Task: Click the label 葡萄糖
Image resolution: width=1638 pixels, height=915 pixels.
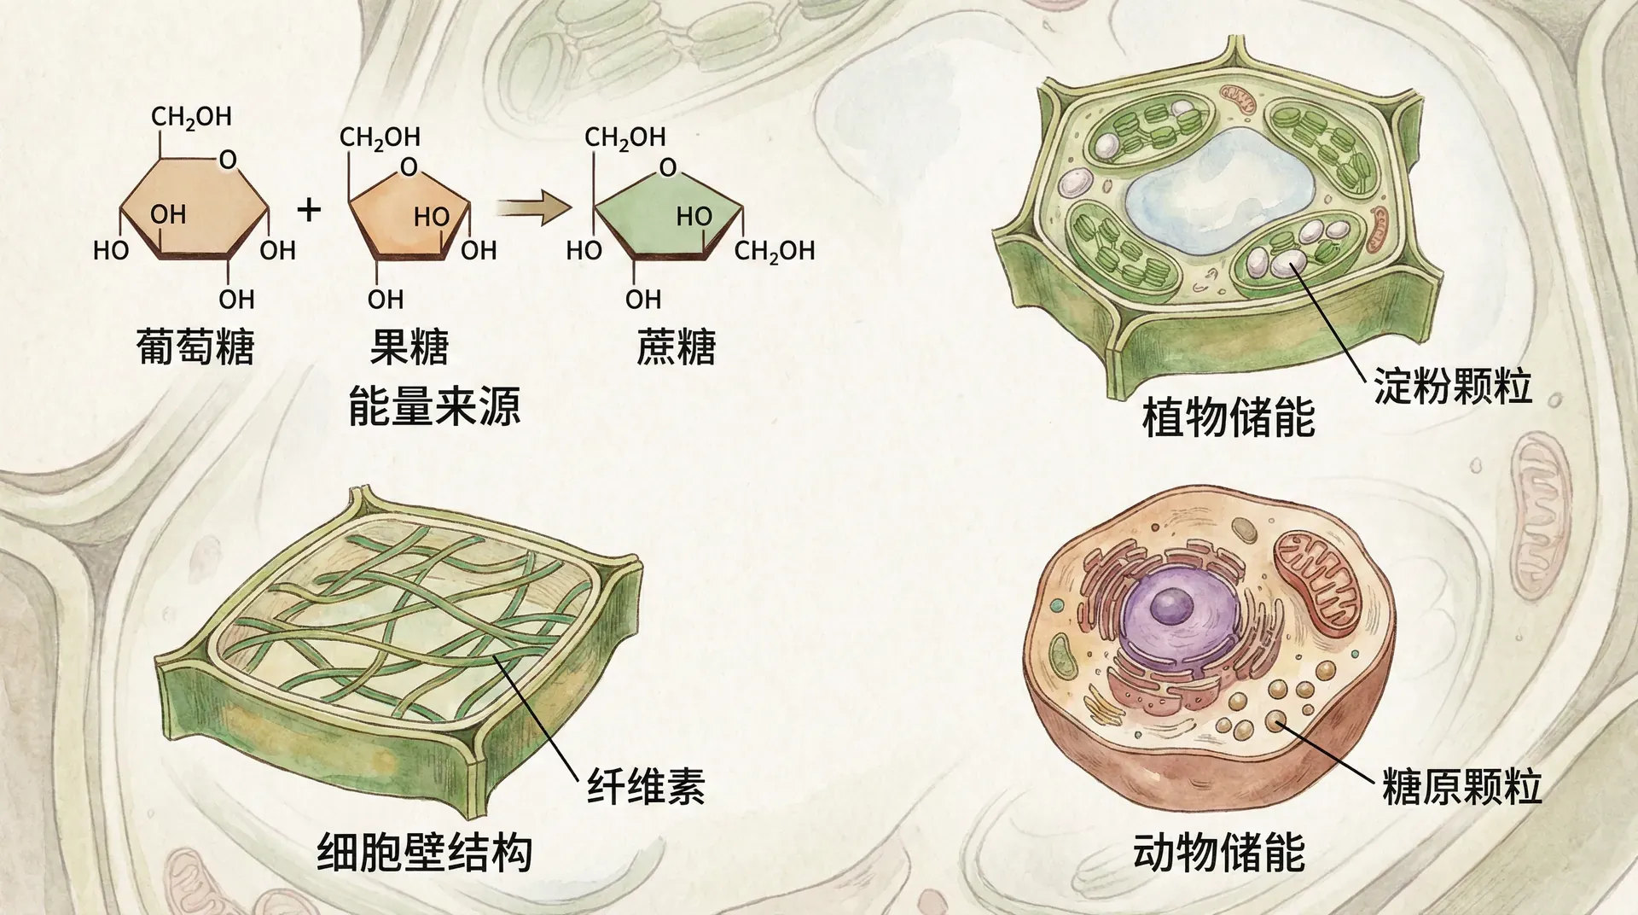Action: coord(195,347)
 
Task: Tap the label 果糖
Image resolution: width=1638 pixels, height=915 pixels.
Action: coord(409,347)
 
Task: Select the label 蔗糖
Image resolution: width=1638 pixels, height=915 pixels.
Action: coord(676,347)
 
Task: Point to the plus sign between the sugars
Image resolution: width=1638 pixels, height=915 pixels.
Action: coord(309,209)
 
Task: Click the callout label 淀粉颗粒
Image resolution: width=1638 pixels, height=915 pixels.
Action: coord(1452,386)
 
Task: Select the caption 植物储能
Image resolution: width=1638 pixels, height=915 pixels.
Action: coord(1228,418)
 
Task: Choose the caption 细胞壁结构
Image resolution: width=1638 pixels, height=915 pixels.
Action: coord(424,852)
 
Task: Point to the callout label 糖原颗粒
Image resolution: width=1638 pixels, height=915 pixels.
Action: coord(1461,786)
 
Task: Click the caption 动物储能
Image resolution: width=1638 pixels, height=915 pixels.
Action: coord(1219,852)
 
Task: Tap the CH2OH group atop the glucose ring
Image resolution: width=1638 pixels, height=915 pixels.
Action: coord(191,117)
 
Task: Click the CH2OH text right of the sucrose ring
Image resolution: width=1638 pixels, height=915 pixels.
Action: coord(775,251)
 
